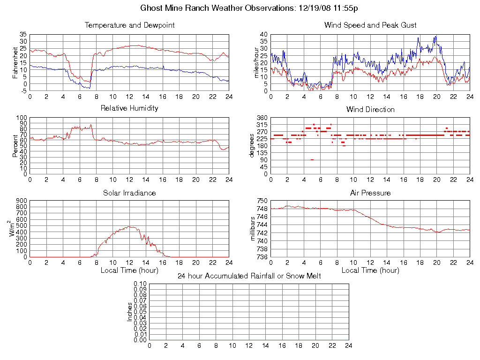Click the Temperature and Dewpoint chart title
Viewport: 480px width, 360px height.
pos(129,25)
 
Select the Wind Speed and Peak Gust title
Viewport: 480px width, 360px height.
pos(370,25)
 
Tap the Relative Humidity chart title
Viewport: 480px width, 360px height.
pos(129,108)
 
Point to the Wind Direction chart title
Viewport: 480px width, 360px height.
pos(370,110)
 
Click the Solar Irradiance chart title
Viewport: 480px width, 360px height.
pos(129,193)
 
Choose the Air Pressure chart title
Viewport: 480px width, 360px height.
pos(370,193)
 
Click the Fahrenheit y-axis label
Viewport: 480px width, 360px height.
pos(15,62)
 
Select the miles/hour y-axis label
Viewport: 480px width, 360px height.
pos(256,62)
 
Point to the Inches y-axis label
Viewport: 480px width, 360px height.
pos(130,312)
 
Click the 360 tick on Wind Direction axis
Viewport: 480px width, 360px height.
pos(262,118)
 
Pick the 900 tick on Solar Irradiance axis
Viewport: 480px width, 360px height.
pos(22,201)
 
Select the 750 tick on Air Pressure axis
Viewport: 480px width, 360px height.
pos(262,201)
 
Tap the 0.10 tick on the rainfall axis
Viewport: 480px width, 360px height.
pos(140,284)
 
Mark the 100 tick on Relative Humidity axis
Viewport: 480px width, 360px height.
pos(22,118)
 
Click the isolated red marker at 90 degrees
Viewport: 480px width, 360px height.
pos(312,160)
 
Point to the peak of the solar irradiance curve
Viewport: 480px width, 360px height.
pos(130,227)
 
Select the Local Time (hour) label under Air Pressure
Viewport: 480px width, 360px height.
pos(370,270)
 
